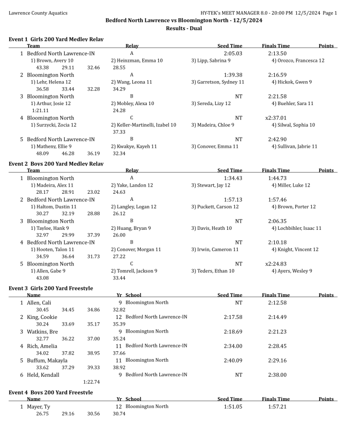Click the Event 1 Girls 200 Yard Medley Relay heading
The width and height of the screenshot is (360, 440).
(x=56, y=40)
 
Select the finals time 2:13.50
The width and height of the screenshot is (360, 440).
(x=277, y=53)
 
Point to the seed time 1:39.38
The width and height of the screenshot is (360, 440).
(x=233, y=75)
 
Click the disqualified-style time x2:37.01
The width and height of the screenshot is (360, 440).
(x=276, y=118)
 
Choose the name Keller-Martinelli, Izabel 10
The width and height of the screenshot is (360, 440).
(x=143, y=125)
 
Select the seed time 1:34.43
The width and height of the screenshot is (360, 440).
(x=233, y=178)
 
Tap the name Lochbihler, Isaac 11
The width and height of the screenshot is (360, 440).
(x=296, y=228)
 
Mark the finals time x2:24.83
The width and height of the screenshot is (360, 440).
(x=276, y=264)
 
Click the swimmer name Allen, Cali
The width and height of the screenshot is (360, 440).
(x=39, y=303)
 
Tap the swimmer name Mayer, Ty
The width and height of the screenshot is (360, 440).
(x=38, y=407)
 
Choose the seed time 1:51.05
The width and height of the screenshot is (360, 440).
(x=233, y=407)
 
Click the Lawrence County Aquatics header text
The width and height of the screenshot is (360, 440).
(x=38, y=13)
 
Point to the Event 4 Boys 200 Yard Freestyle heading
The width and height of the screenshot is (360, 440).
(x=51, y=392)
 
